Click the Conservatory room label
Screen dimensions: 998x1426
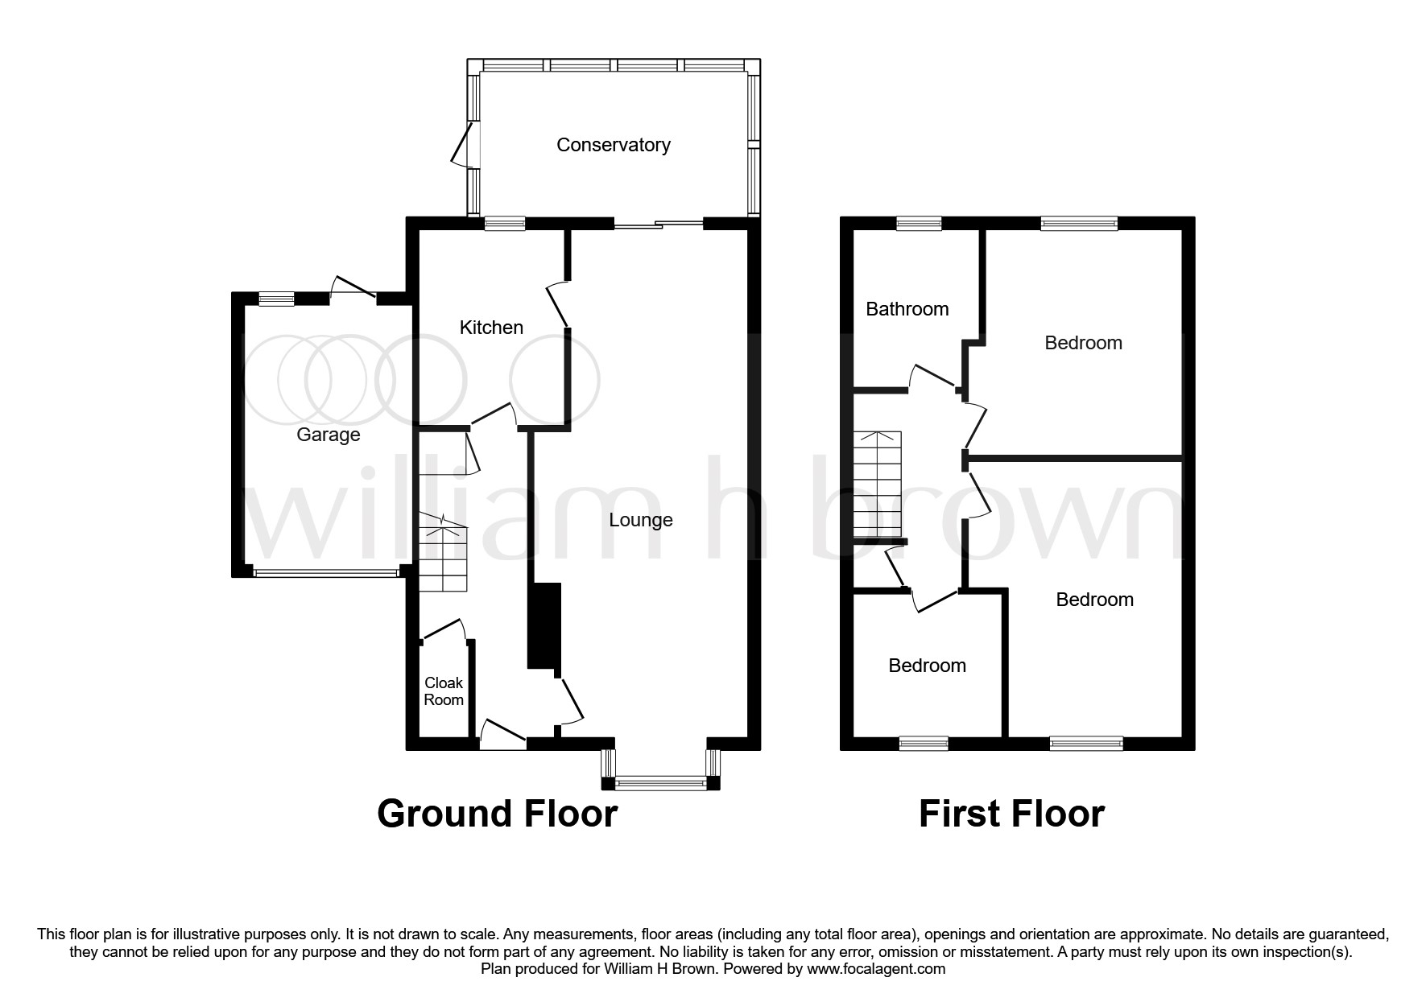click(613, 145)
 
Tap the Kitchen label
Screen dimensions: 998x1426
click(491, 328)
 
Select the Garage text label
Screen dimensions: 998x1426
click(328, 435)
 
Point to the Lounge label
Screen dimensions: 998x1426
click(640, 520)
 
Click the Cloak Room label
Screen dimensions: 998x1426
click(444, 691)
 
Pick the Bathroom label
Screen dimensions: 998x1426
click(907, 309)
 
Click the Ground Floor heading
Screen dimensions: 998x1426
click(497, 814)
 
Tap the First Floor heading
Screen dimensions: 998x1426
click(1011, 814)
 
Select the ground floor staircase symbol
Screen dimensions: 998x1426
click(442, 556)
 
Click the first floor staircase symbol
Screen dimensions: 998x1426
click(878, 485)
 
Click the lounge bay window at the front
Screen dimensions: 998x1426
click(660, 781)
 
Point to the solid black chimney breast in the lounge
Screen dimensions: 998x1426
click(544, 626)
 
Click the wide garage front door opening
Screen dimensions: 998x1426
click(326, 573)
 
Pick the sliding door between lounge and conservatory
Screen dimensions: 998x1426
click(659, 225)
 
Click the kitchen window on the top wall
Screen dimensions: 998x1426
click(505, 225)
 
